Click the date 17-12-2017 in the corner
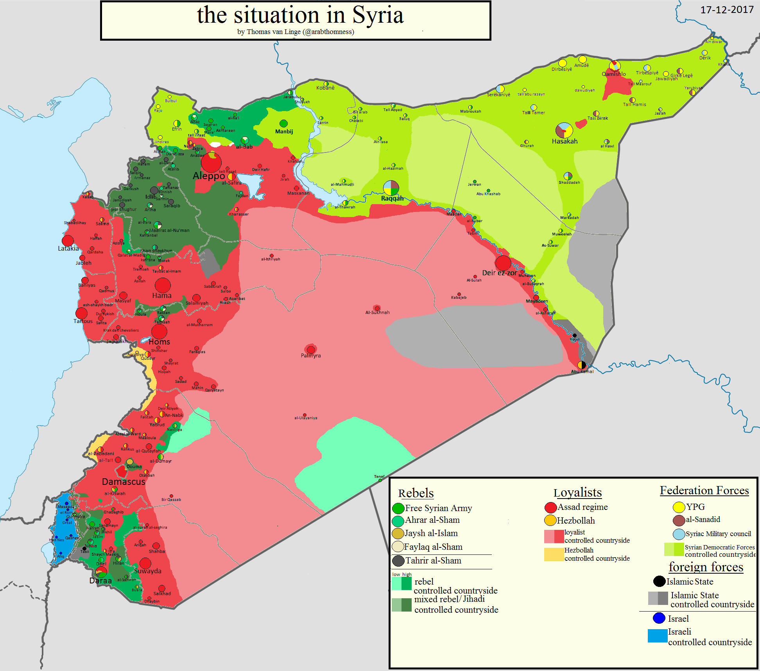click(x=727, y=10)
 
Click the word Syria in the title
click(x=378, y=16)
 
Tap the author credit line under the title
click(x=296, y=32)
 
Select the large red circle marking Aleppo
click(x=211, y=162)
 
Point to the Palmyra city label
click(x=311, y=356)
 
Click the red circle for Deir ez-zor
click(x=503, y=263)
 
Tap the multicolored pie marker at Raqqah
click(x=391, y=188)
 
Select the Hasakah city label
click(x=565, y=142)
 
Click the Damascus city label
click(x=124, y=482)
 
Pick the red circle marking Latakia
click(x=68, y=240)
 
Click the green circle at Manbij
click(x=284, y=124)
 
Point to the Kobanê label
click(x=325, y=88)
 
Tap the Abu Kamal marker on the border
click(x=582, y=365)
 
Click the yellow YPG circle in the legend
click(x=679, y=507)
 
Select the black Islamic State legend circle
click(x=659, y=581)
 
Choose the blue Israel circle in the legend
click(x=659, y=618)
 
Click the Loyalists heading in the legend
click(x=577, y=493)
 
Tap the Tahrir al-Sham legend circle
click(x=398, y=561)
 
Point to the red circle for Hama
click(x=163, y=285)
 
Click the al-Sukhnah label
click(x=377, y=313)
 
